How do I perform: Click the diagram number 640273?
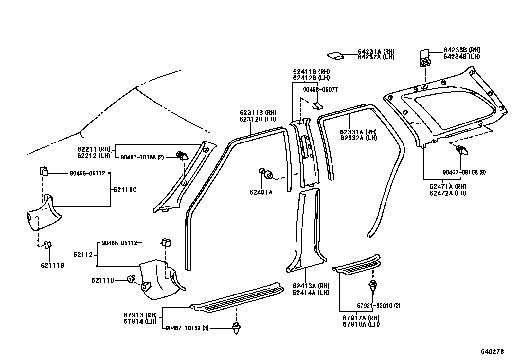coord(492,351)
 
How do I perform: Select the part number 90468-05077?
coord(320,89)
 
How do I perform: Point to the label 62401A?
coord(261,192)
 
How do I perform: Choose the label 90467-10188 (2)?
coord(142,157)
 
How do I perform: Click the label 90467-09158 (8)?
coord(464,172)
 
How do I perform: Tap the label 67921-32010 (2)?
coord(378,306)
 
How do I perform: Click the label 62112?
coord(83,254)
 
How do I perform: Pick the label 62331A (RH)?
coord(358,132)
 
